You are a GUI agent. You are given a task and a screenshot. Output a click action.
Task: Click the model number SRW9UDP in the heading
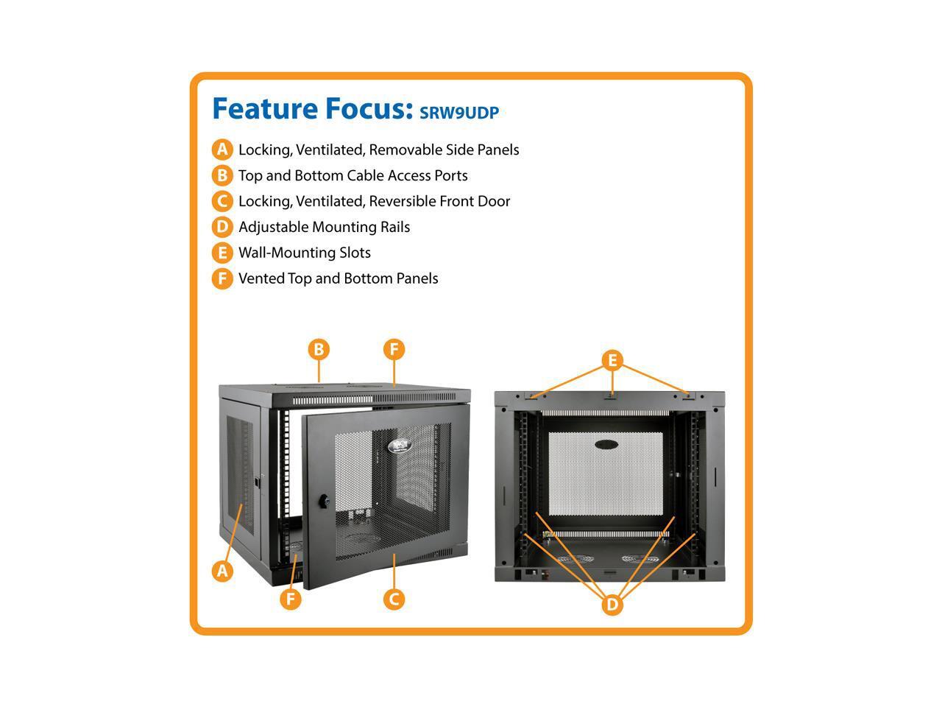pos(459,113)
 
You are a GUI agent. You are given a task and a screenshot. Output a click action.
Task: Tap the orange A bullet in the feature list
pos(222,150)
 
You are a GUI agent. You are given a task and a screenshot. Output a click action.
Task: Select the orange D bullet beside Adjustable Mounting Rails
pos(222,227)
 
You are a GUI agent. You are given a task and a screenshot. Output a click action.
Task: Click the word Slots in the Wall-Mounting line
pos(355,253)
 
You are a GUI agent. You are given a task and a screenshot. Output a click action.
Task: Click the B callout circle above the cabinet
pos(319,349)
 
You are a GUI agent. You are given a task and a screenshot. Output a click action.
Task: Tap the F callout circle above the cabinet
pos(394,349)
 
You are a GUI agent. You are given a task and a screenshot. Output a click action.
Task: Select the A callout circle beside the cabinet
pos(222,570)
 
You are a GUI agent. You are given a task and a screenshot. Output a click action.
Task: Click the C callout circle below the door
pos(394,599)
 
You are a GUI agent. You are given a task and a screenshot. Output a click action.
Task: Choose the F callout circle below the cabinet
pos(291,599)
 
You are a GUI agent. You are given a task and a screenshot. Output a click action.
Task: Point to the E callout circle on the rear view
pos(612,361)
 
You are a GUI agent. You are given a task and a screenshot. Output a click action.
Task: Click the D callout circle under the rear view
pos(612,605)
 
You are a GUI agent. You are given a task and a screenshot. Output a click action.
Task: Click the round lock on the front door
pos(323,499)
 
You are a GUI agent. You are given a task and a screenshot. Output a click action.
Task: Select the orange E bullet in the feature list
pos(222,253)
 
